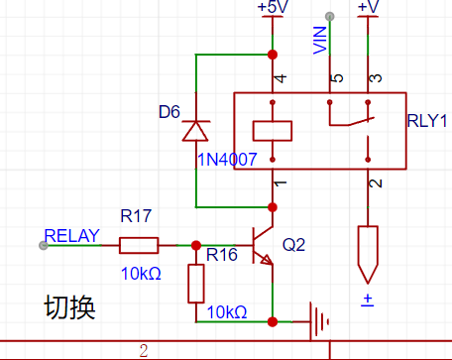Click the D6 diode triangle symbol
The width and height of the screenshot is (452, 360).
click(195, 131)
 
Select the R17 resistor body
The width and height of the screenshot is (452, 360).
click(139, 245)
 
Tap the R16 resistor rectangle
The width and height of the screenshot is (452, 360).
click(196, 284)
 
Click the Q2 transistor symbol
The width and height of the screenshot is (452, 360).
click(263, 245)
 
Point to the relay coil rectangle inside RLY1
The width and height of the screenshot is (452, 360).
click(273, 131)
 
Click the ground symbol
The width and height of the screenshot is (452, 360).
click(319, 321)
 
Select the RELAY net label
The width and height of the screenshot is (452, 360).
click(71, 236)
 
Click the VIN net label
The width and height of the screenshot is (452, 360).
click(320, 41)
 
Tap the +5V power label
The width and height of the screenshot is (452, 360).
click(273, 7)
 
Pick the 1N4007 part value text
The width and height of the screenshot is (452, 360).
click(227, 160)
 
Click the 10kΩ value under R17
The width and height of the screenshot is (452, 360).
click(141, 274)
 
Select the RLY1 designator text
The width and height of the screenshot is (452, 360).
click(427, 121)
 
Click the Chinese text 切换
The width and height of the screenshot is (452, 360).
click(69, 307)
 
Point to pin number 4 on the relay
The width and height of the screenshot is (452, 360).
click(281, 78)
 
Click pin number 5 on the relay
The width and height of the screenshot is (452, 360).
click(337, 78)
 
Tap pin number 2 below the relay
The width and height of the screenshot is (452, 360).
click(376, 183)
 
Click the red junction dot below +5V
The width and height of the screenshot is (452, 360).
click(273, 55)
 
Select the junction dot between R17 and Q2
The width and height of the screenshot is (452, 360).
click(196, 245)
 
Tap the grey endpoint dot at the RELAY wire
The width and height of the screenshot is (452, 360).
click(44, 245)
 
